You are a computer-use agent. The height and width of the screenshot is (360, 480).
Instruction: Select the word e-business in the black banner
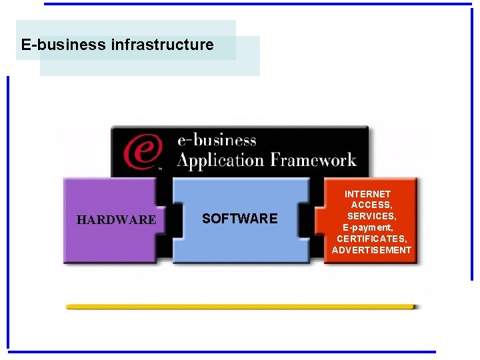(x=217, y=141)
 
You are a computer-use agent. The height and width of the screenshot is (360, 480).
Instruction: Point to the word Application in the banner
(x=220, y=161)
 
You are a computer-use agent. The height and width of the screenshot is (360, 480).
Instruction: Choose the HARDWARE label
(x=116, y=219)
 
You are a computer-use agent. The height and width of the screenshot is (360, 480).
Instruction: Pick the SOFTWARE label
(x=239, y=219)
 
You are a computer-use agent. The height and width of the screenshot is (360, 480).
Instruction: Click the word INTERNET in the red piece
(x=368, y=194)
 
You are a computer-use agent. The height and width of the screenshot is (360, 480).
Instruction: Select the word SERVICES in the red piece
(x=372, y=217)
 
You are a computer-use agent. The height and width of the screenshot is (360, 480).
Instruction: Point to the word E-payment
(x=369, y=227)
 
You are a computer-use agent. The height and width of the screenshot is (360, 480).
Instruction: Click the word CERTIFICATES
(x=372, y=239)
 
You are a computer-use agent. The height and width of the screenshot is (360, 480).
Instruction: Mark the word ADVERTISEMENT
(x=372, y=250)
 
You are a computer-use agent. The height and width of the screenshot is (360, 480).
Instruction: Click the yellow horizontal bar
(x=240, y=307)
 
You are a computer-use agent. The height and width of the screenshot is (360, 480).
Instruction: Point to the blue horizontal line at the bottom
(x=220, y=351)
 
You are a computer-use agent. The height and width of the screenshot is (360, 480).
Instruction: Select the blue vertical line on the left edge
(x=8, y=213)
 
